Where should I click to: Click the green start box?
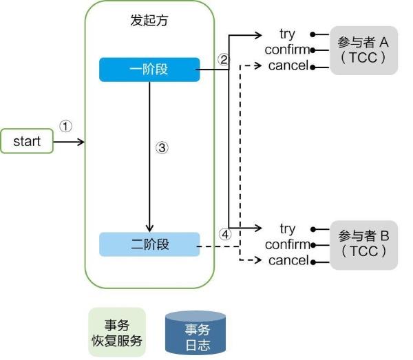tap(27, 141)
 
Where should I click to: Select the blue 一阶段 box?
tap(149, 70)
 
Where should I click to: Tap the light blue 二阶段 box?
tap(149, 244)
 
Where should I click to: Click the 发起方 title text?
tap(149, 20)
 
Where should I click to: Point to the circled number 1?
tap(65, 127)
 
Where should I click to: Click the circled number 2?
tap(222, 59)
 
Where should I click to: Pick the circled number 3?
tap(162, 147)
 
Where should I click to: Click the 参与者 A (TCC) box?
tap(363, 50)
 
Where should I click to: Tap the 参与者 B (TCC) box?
tap(363, 244)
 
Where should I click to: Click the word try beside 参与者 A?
tap(288, 33)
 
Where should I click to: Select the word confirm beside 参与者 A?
tap(287, 50)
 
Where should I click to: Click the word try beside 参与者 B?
tap(288, 228)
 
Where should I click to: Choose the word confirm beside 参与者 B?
tap(287, 244)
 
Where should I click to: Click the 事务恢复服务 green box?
tap(117, 332)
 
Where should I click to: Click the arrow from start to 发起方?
tap(69, 142)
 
